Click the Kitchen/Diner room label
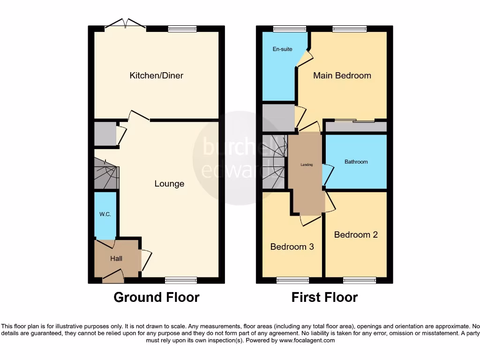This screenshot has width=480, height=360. tap(156, 75)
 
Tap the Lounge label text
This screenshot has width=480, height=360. tap(169, 184)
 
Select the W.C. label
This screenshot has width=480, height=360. tap(105, 214)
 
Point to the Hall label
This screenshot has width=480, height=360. tap(116, 258)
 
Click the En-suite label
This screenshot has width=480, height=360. tap(282, 49)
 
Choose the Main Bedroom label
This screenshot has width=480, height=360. tap(342, 75)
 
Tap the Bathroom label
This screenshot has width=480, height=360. tap(356, 162)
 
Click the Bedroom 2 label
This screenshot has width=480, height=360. tap(356, 234)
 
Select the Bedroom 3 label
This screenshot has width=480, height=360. tap(292, 247)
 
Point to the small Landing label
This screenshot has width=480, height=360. tap(307, 165)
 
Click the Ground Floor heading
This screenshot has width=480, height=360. tap(156, 297)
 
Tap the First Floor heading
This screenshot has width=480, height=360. tap(324, 297)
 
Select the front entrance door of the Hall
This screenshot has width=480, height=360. tap(113, 277)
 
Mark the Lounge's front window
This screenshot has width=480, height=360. tap(180, 280)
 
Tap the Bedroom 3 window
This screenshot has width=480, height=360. tap(292, 280)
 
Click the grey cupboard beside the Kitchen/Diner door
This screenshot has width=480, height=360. tap(105, 134)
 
